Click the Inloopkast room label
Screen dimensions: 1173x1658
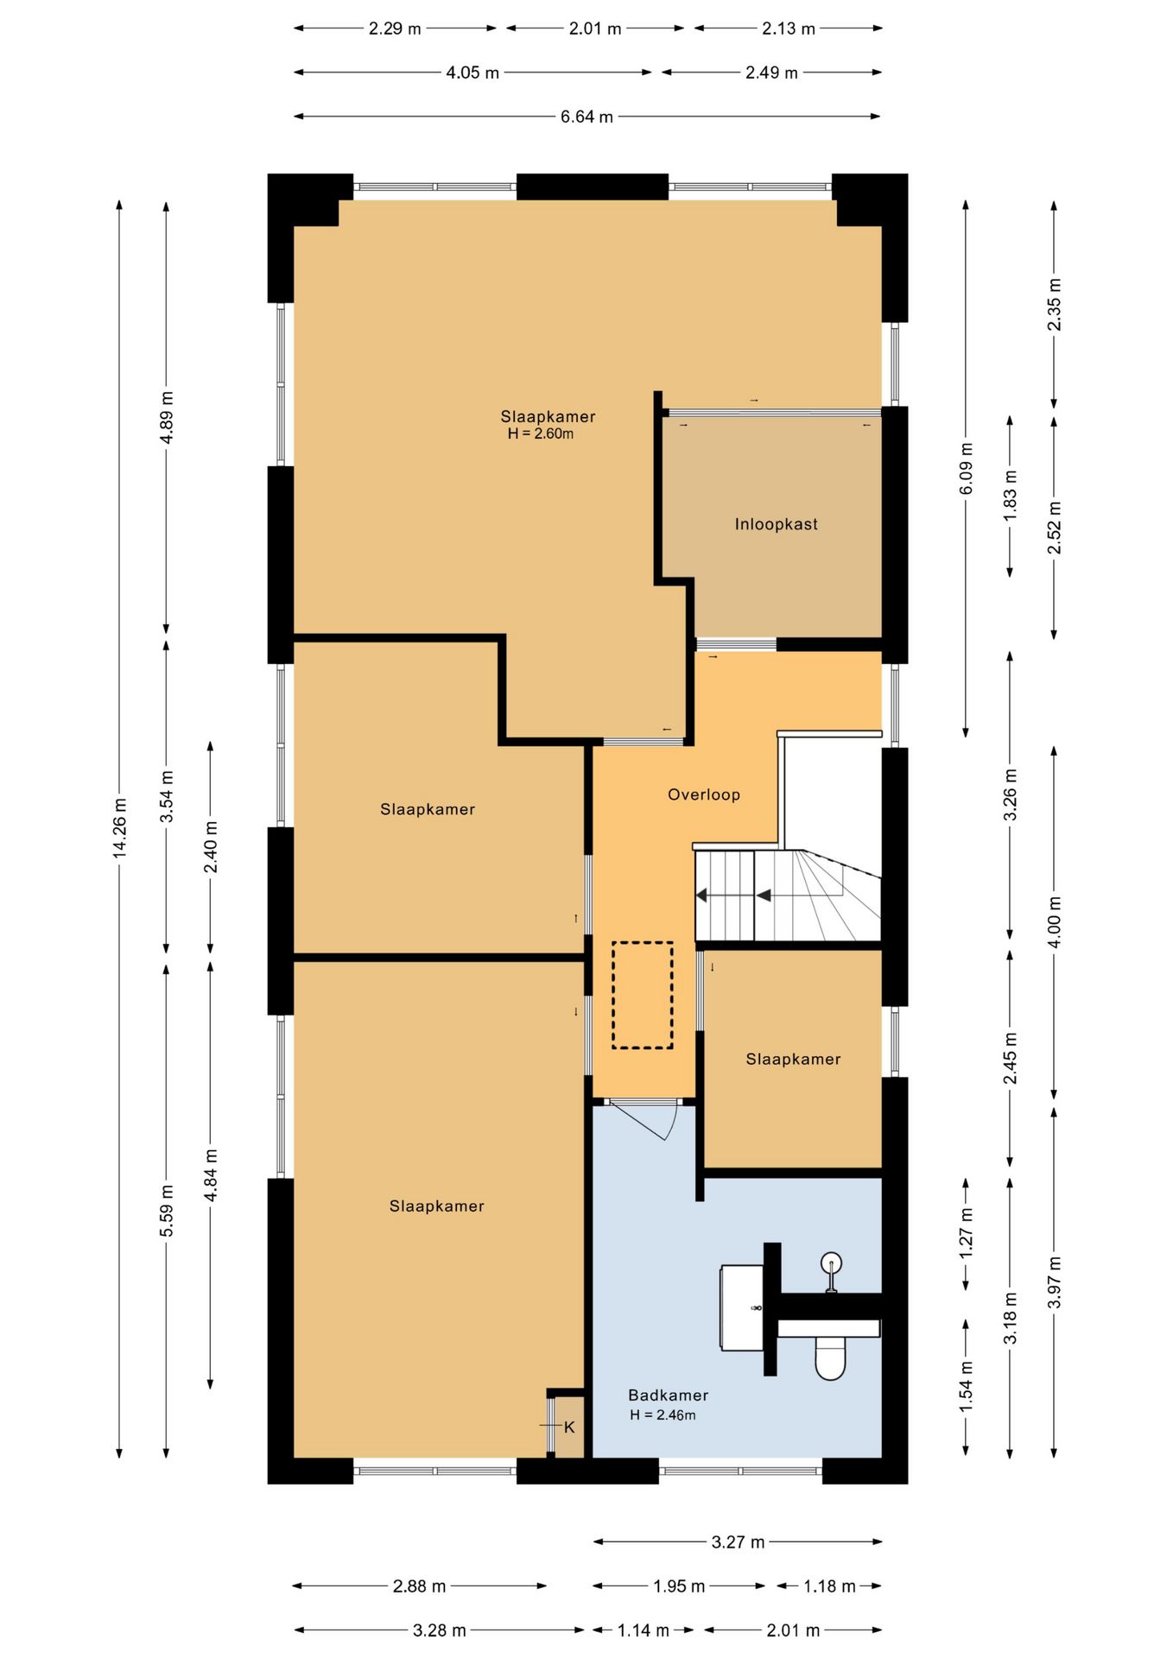776,524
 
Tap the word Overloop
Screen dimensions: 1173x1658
704,794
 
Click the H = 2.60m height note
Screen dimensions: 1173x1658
541,433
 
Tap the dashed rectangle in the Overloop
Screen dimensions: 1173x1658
643,995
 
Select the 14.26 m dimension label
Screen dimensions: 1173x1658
120,828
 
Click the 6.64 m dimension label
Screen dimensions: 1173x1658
586,117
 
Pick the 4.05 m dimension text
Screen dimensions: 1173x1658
472,73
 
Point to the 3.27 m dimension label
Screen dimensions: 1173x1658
738,1541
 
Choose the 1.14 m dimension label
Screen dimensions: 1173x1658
643,1630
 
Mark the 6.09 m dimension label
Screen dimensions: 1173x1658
966,469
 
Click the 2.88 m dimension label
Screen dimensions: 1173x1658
419,1586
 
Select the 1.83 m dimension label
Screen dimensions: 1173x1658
1010,495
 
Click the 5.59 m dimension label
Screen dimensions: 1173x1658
167,1210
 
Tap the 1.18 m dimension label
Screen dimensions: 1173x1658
829,1586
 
